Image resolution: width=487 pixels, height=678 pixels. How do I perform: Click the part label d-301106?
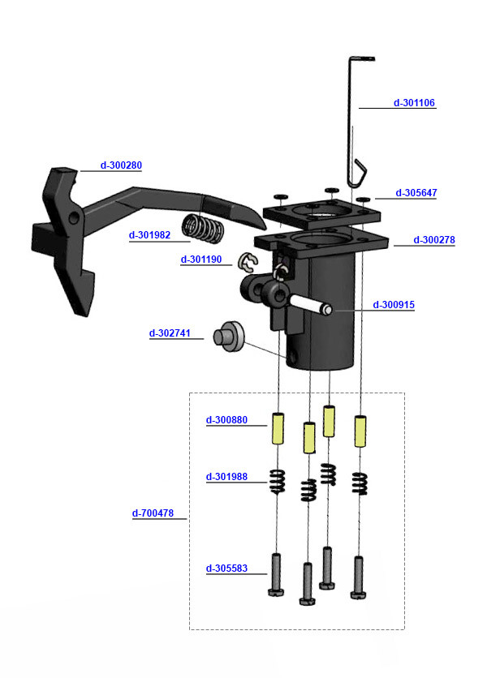414,103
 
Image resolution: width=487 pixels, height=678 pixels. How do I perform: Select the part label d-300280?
121,165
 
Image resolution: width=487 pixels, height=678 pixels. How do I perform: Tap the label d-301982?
149,235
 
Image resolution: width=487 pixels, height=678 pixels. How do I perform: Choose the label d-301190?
200,260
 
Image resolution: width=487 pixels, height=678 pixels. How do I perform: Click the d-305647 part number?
416,193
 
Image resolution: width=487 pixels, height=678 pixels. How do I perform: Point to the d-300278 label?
434,240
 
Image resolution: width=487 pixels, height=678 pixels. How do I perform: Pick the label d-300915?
394,305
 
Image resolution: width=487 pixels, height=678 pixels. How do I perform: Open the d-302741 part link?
170,333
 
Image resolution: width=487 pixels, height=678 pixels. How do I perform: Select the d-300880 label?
226,420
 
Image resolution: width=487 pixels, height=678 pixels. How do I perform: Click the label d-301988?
226,476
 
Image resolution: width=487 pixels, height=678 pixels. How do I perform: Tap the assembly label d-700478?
153,513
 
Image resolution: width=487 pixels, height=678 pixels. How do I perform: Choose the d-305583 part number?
226,569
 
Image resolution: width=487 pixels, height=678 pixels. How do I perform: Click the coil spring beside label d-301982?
202,227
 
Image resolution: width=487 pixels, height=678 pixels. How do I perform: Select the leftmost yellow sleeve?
277,427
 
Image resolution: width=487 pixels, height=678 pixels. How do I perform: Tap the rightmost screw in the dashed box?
359,577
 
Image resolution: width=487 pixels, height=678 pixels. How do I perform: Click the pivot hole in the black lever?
74,219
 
